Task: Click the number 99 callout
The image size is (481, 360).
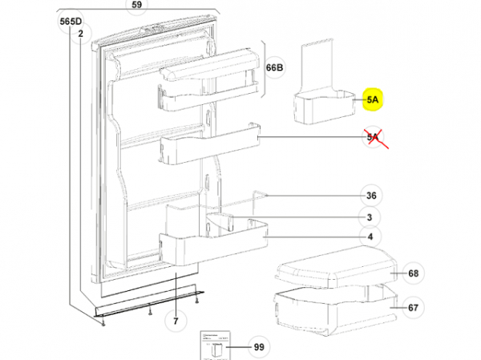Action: click(x=257, y=348)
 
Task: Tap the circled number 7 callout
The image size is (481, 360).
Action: click(x=176, y=322)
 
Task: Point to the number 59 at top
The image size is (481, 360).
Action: click(x=136, y=5)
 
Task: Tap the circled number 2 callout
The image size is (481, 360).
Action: click(x=81, y=33)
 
